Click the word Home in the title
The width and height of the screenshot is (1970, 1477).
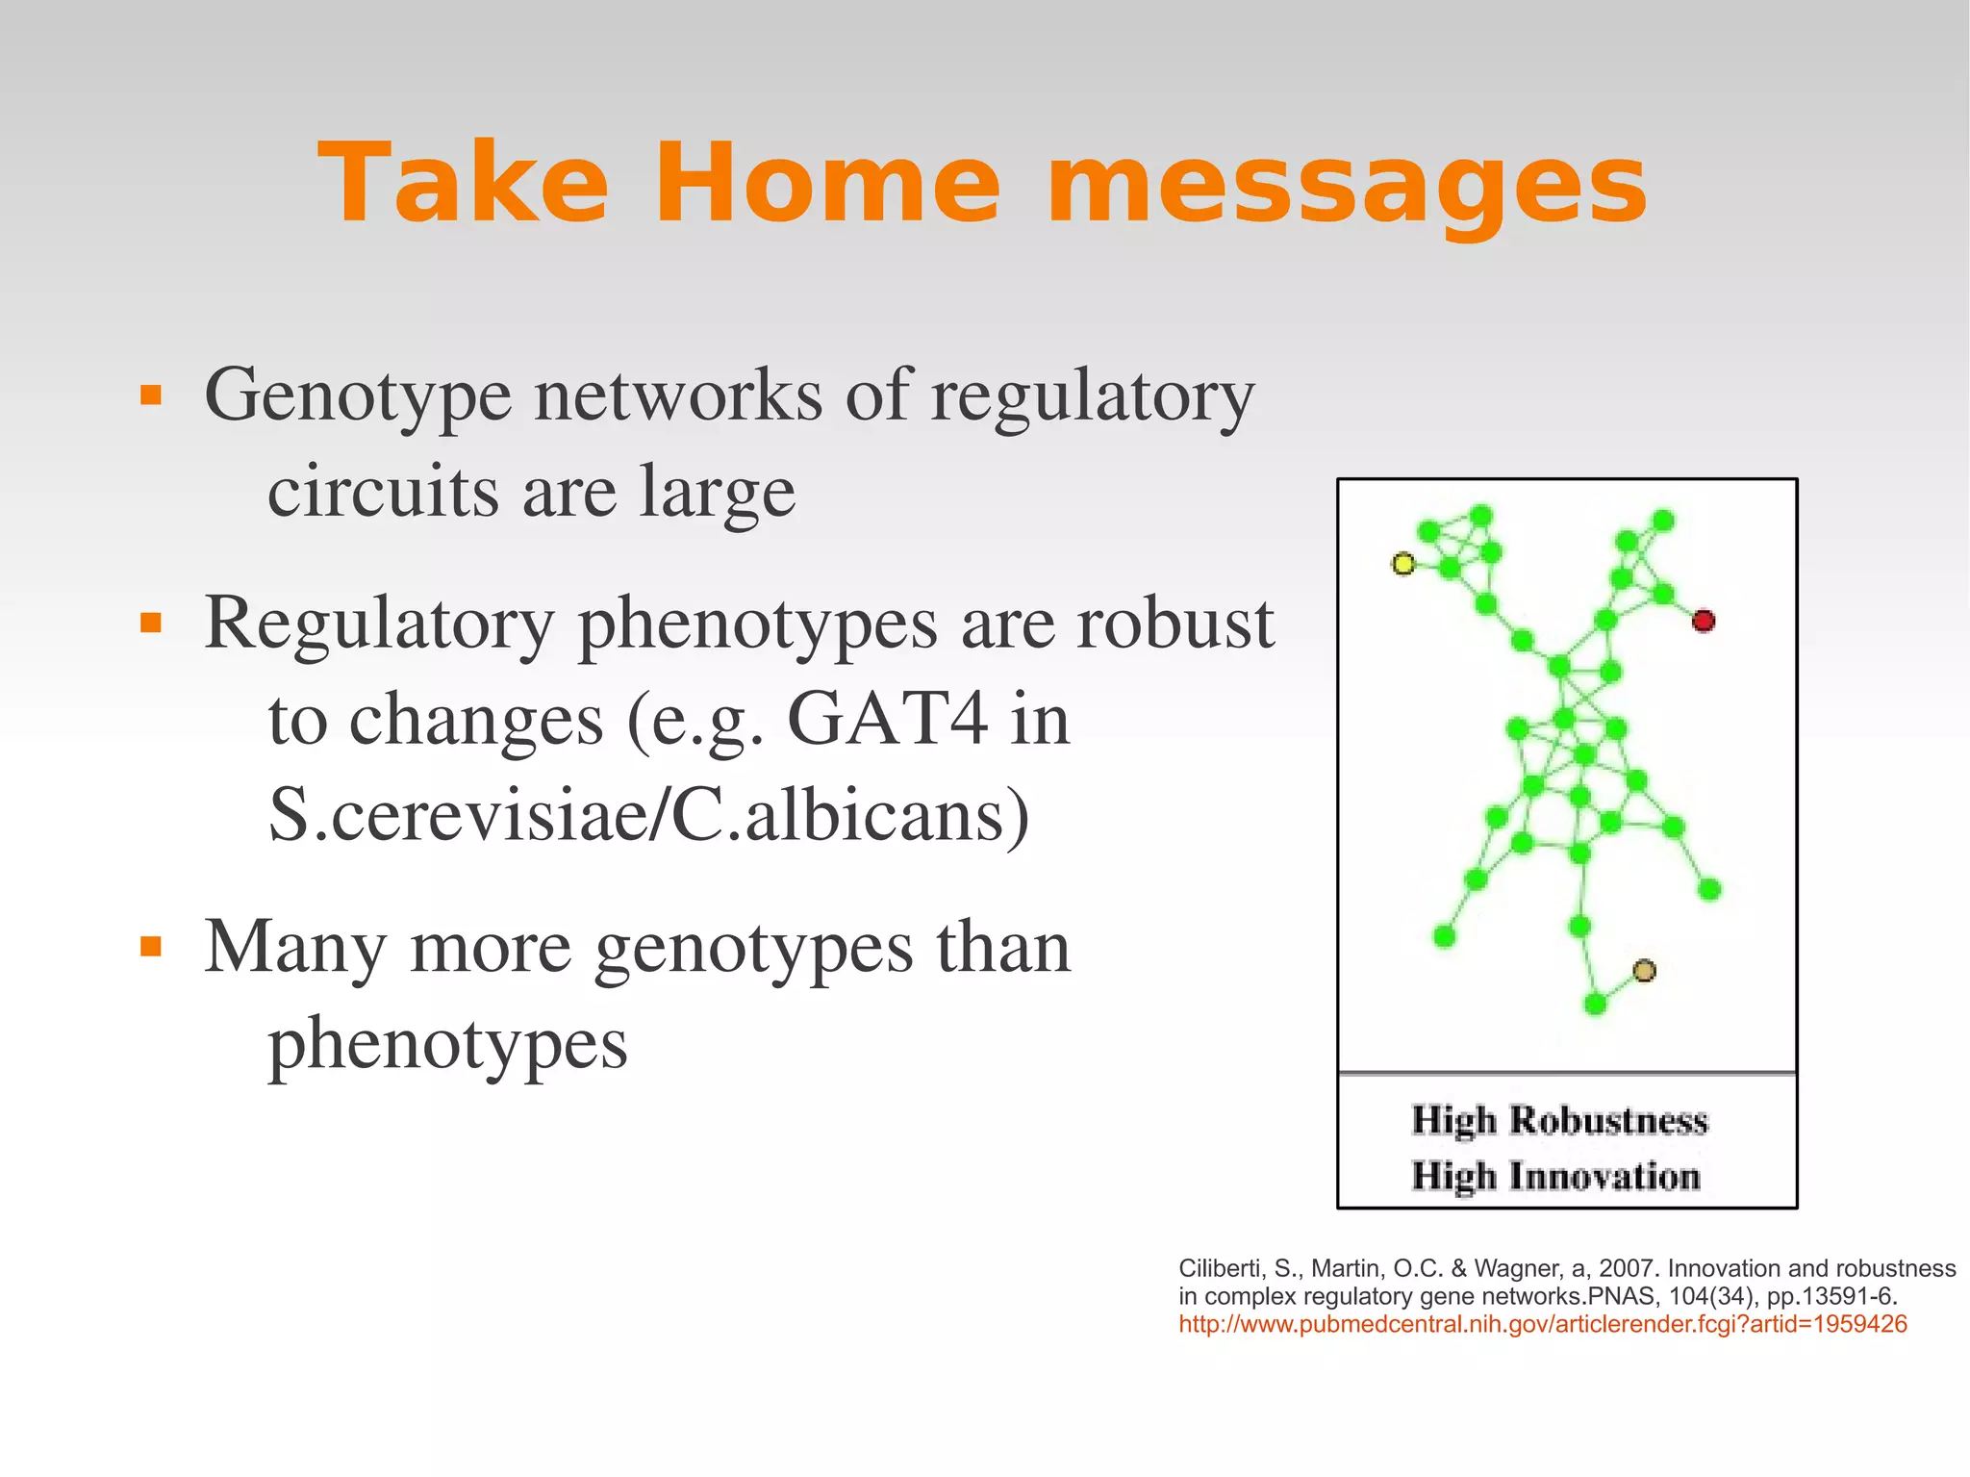click(x=827, y=183)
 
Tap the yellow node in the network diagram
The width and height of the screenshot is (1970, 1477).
click(x=1403, y=564)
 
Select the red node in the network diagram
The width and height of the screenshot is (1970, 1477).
click(x=1704, y=621)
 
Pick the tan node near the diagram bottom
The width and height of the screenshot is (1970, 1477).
click(x=1645, y=970)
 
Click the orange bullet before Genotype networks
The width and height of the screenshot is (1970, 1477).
click(x=151, y=395)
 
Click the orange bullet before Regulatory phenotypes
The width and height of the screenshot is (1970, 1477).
click(x=151, y=624)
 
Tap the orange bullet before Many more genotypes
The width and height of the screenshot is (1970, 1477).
click(x=151, y=947)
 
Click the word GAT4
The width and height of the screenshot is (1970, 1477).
click(x=887, y=719)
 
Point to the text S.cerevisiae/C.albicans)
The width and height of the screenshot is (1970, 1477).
click(x=648, y=815)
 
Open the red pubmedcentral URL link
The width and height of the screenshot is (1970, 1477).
click(x=1542, y=1325)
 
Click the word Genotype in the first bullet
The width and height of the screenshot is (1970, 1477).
click(x=358, y=395)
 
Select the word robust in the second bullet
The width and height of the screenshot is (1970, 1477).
click(x=1174, y=624)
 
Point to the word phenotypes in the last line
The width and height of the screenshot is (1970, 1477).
click(x=447, y=1045)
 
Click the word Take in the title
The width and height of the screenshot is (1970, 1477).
click(x=464, y=183)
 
